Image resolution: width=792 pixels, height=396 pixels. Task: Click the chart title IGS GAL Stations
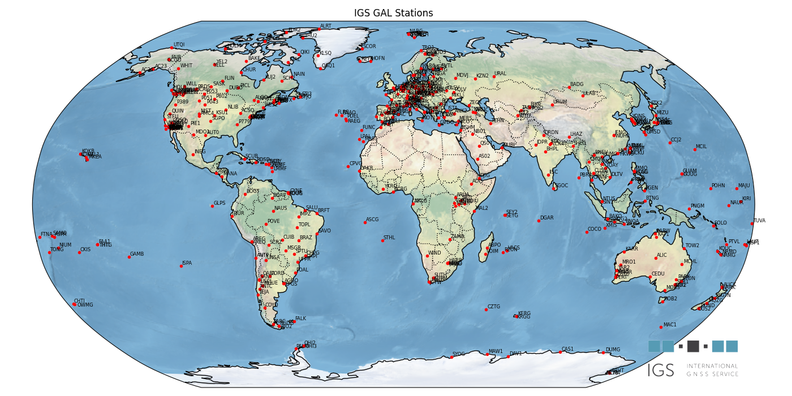click(393, 13)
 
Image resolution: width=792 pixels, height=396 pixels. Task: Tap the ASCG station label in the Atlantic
click(372, 219)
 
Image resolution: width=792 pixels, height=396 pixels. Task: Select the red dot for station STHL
click(382, 240)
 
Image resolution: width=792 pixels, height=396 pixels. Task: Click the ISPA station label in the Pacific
click(187, 263)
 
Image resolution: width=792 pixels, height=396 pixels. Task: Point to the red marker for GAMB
click(129, 257)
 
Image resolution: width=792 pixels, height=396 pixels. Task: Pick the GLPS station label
click(219, 203)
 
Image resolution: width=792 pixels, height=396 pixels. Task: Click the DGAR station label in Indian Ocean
click(546, 218)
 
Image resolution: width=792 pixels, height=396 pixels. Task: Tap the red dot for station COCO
click(587, 232)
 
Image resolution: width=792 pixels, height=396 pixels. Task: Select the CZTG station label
click(494, 307)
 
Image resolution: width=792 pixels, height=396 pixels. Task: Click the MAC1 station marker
click(660, 327)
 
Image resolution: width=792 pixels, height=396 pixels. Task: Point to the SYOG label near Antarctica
click(458, 354)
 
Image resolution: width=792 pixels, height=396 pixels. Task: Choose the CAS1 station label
click(567, 349)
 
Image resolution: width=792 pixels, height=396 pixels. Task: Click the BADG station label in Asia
click(576, 84)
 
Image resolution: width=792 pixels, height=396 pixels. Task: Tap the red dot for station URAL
click(491, 76)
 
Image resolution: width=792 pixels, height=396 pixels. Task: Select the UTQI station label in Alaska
click(179, 45)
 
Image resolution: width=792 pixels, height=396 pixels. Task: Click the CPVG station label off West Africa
click(356, 163)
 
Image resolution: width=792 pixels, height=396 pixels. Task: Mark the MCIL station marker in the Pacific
click(695, 149)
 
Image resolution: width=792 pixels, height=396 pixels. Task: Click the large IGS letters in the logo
click(661, 371)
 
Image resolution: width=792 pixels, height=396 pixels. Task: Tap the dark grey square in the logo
click(693, 346)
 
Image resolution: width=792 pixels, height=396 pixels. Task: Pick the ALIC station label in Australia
click(662, 255)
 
